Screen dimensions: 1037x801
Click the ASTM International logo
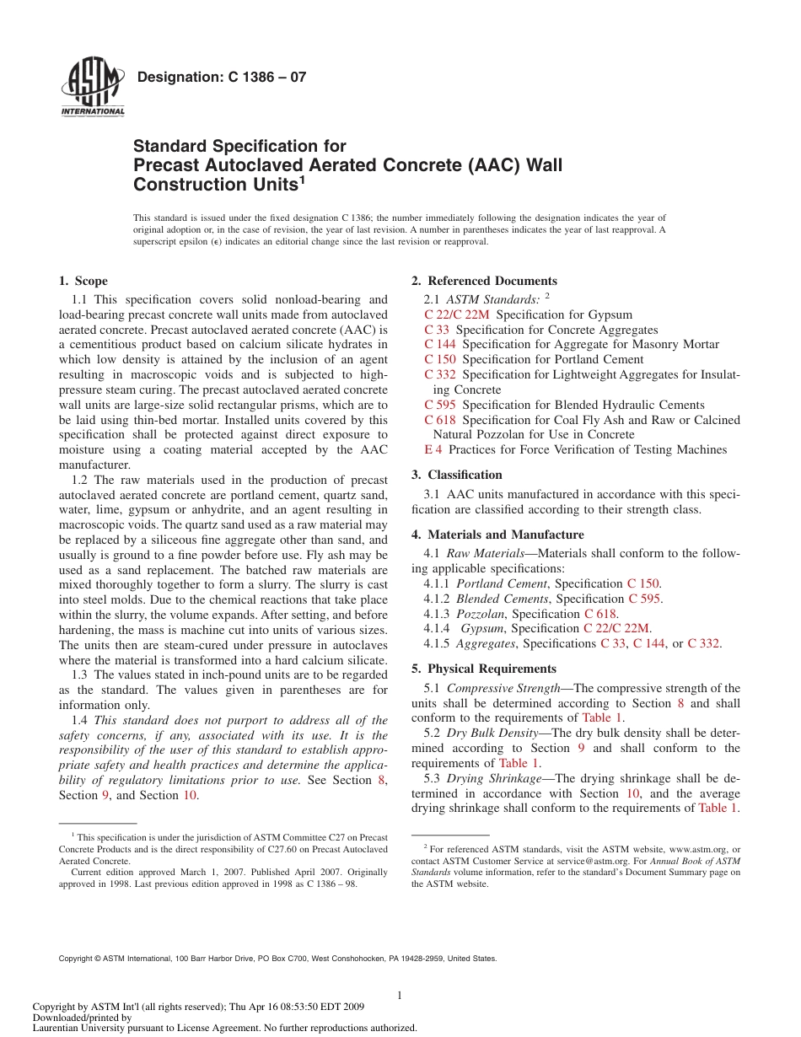[93, 89]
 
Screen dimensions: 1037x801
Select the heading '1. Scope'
[83, 282]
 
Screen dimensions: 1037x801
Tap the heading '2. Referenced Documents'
[484, 282]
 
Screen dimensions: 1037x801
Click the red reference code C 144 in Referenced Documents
[440, 345]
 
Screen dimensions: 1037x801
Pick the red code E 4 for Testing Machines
[433, 450]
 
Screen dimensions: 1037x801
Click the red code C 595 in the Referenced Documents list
[440, 406]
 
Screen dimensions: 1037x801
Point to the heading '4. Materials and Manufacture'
[497, 535]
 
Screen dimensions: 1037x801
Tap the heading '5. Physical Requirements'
[484, 669]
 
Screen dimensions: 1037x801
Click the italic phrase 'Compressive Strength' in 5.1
[503, 689]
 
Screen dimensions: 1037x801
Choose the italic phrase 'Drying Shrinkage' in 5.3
[494, 779]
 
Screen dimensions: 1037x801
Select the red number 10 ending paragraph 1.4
[191, 796]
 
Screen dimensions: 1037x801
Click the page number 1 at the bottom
[400, 996]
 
